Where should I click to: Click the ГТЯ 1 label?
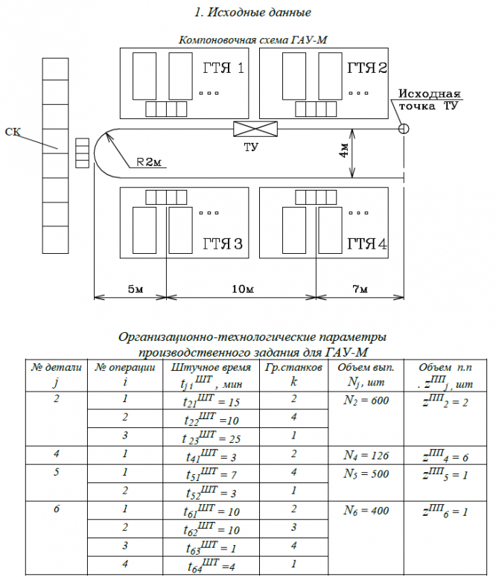pos(223,69)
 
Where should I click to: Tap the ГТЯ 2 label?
pos(367,69)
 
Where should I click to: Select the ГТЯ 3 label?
pos(222,244)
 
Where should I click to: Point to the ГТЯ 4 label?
pos(367,244)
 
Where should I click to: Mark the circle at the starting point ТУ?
pos(403,128)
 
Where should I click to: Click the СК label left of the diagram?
pos(13,132)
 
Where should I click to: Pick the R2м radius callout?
pos(148,163)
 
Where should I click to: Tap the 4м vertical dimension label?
pos(343,153)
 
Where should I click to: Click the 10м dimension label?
pos(240,288)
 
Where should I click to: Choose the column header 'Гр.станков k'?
pos(293,374)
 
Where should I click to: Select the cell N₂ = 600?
pos(366,401)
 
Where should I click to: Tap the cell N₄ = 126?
pos(366,456)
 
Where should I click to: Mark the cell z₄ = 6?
pos(445,456)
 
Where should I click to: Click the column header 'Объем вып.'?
pos(366,368)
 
